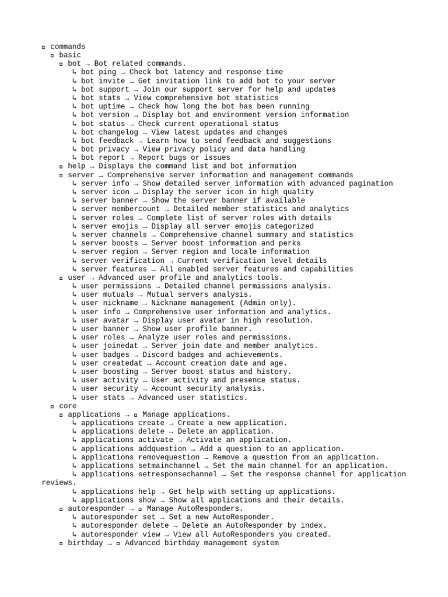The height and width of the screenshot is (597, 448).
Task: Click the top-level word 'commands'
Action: tap(68, 47)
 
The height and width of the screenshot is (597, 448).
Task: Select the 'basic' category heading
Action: tap(70, 55)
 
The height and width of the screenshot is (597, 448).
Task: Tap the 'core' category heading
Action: tap(68, 406)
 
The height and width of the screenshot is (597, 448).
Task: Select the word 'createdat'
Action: tap(123, 363)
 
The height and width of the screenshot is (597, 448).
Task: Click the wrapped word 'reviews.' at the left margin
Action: tap(59, 483)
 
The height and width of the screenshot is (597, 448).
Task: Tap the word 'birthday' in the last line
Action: tap(85, 543)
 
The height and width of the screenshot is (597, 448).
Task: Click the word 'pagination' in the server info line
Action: tap(371, 184)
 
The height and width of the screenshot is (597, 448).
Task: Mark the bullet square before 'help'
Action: tap(61, 167)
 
